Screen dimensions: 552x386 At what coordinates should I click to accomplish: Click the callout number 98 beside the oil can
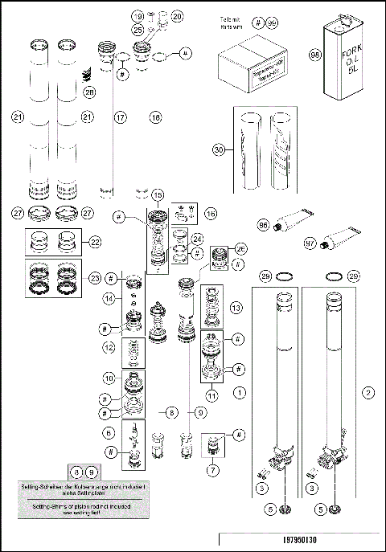pyautogui.click(x=315, y=55)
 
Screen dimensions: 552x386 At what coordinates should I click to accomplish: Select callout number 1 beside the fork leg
pyautogui.click(x=239, y=394)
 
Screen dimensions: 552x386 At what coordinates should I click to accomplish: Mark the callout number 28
pyautogui.click(x=89, y=93)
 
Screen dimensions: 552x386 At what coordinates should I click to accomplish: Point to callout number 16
pyautogui.click(x=211, y=214)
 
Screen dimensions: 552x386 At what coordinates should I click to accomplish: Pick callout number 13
pyautogui.click(x=236, y=309)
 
